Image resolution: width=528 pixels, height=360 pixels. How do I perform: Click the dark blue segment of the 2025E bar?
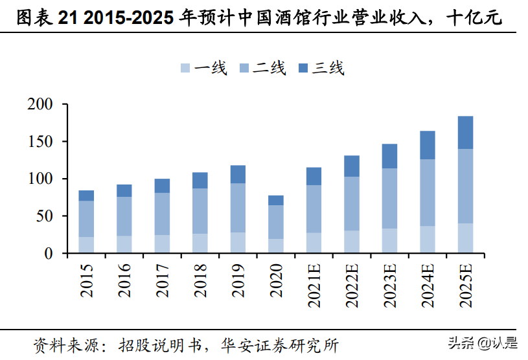point(465,132)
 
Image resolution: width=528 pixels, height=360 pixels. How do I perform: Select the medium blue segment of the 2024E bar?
point(428,192)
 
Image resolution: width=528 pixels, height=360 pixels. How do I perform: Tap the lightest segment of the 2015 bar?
point(87,245)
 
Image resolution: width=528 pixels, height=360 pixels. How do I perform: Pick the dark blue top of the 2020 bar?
point(276,200)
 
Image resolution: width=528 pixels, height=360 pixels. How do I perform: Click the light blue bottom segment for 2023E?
point(389,240)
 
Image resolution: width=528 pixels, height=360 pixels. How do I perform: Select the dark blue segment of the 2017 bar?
point(163,186)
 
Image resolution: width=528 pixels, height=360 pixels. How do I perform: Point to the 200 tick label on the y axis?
point(40,104)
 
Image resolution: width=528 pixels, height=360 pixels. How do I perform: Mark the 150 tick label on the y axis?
point(40,142)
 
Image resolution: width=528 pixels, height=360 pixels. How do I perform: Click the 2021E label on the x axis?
point(314,284)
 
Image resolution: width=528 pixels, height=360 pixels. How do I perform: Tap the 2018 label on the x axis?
point(200,279)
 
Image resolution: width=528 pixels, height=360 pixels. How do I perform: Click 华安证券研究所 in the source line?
point(280,344)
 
